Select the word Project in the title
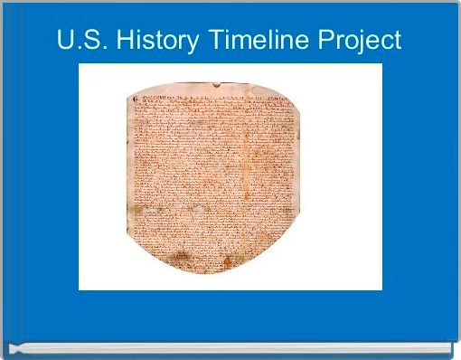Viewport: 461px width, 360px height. [356, 41]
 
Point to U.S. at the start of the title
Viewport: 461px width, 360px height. [79, 41]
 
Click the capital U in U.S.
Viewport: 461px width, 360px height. [65, 41]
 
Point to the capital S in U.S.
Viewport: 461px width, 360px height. [89, 41]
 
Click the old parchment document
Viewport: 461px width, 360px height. [217, 172]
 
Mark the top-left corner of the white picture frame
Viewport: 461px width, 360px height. [80, 64]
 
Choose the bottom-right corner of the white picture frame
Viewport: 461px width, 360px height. [381, 289]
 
